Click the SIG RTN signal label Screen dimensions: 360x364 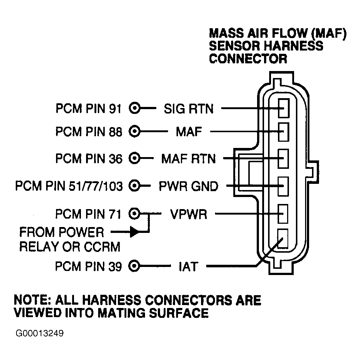pos(189,109)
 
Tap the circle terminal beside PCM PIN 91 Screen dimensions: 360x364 pos(135,108)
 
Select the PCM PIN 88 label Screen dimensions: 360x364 pos(89,131)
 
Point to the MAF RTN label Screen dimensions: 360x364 pos(189,159)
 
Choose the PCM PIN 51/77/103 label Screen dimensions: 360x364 pos(69,186)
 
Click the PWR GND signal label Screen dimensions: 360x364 pos(189,186)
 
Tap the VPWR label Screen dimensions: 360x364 pos(189,214)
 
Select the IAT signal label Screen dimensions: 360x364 pos(188,267)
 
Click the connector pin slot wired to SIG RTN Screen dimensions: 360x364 pos(283,108)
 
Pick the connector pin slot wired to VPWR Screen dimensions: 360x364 pos(283,213)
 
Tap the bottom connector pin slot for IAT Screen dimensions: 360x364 pos(283,239)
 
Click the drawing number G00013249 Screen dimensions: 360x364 pos(40,333)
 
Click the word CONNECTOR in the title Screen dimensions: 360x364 pos(248,59)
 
